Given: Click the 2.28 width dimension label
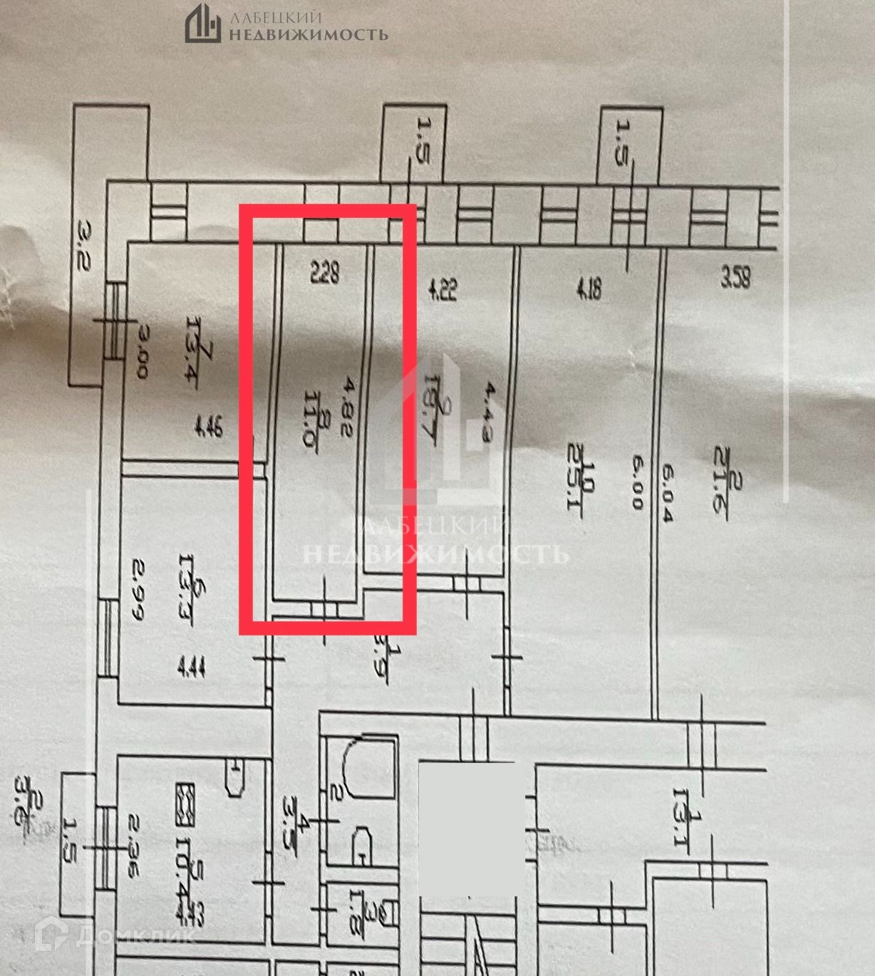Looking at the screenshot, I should [323, 272].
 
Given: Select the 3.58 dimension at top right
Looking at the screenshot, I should [735, 276].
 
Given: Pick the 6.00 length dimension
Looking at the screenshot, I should [636, 482].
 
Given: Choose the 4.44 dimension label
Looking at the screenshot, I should [190, 668].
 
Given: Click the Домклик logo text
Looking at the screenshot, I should [133, 935].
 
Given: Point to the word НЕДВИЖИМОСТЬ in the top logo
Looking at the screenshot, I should [308, 33].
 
